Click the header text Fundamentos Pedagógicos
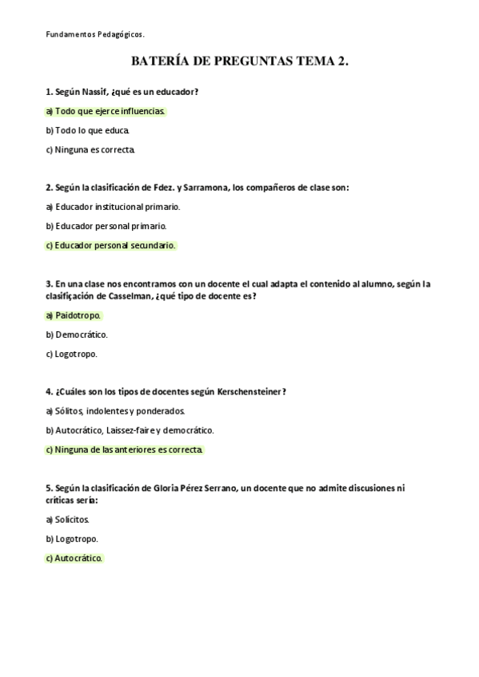tap(94, 34)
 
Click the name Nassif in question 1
tap(95, 92)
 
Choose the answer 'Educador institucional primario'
tap(113, 207)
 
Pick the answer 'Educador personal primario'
tap(106, 226)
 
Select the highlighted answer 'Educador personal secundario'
tap(110, 245)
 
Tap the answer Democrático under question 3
tap(77, 335)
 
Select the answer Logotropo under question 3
tap(72, 354)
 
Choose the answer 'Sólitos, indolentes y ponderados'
tap(115, 411)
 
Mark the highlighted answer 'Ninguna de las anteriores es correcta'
tap(125, 449)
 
